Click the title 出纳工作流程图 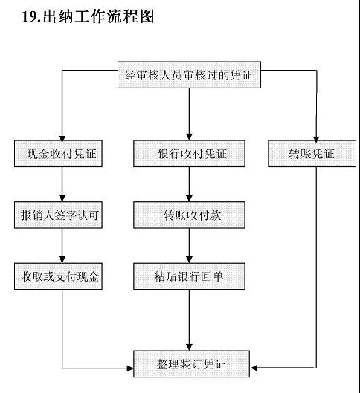(x=98, y=16)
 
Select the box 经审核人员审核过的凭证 (x=189, y=75)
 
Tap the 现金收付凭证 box (x=58, y=153)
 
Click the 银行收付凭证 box (x=189, y=153)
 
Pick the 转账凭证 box (x=312, y=153)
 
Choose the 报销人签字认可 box (x=58, y=215)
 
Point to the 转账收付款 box (x=189, y=215)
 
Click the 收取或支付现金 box (x=58, y=276)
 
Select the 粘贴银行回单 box (x=189, y=276)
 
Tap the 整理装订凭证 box (x=191, y=364)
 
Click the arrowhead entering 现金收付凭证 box (x=62, y=137)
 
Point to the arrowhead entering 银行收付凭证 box (x=189, y=137)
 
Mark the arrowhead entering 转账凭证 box (x=316, y=138)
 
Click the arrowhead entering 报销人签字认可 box (x=62, y=199)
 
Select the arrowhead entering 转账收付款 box (x=189, y=199)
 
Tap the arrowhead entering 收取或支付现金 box (x=62, y=260)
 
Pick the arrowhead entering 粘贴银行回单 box (x=189, y=260)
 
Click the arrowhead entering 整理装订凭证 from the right (x=254, y=368)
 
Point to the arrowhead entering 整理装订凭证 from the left (x=130, y=368)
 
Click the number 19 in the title (x=29, y=17)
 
